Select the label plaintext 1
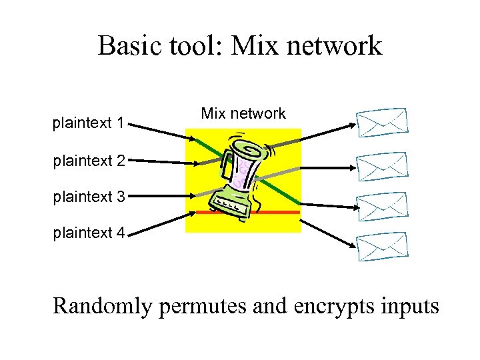coord(88,123)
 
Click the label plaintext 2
coord(88,160)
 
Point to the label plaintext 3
coord(88,197)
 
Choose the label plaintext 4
coord(88,233)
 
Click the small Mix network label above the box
coord(243,114)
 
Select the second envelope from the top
coord(381,167)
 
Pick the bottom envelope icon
coord(381,247)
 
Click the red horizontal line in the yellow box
coord(280,212)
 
